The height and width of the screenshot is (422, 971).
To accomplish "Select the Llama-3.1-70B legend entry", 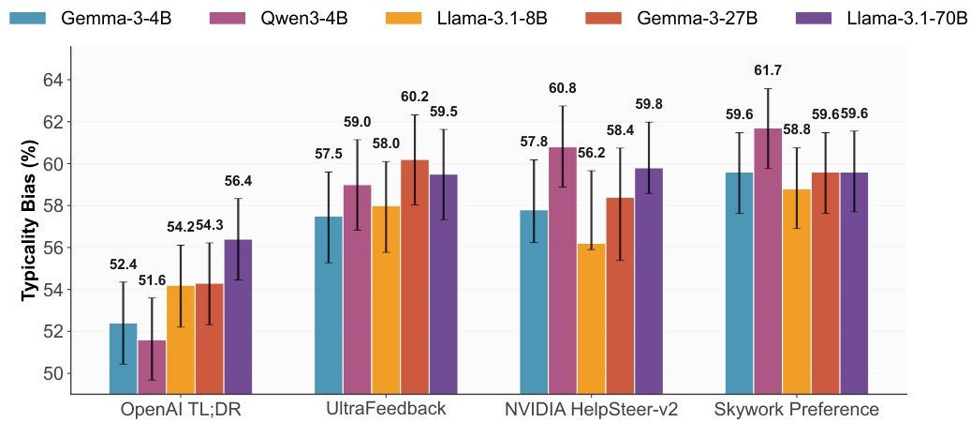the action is (x=878, y=19).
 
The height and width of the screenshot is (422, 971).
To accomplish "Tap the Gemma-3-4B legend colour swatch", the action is (x=30, y=19).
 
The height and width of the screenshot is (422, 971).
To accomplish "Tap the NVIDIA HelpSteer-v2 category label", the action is (x=591, y=410).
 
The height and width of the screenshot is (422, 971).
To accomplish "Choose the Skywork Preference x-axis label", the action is (x=796, y=410).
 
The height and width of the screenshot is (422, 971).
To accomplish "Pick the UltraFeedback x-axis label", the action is (x=385, y=410).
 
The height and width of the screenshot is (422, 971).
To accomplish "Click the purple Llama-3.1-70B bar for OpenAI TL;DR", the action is (x=238, y=317).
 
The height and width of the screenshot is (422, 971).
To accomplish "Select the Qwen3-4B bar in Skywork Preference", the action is (x=767, y=261).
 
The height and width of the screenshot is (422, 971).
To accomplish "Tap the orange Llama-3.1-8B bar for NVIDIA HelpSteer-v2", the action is (x=591, y=318).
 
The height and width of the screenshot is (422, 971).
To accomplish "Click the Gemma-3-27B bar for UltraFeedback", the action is (x=414, y=277).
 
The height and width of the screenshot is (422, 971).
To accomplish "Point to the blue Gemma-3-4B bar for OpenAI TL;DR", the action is (x=124, y=358).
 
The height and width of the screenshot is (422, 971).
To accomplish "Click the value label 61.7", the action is (x=768, y=70).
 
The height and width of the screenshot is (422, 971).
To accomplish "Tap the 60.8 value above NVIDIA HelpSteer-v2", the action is (x=563, y=88).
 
